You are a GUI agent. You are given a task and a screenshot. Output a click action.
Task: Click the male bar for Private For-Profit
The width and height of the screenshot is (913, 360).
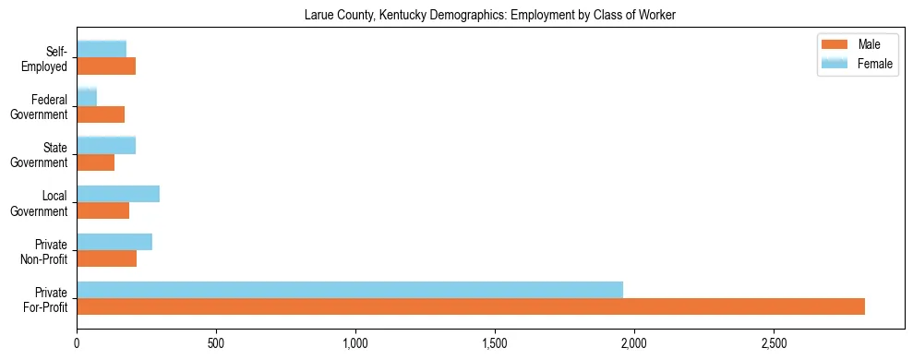(x=471, y=306)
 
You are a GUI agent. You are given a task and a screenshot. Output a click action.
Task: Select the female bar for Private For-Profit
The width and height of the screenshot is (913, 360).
(x=350, y=290)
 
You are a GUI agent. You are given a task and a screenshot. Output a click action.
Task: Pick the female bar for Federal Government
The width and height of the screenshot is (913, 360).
(x=87, y=97)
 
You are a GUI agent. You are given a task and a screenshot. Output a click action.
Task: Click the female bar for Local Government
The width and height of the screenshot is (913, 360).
(x=118, y=194)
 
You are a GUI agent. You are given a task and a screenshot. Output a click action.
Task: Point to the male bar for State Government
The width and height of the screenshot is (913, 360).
(x=96, y=162)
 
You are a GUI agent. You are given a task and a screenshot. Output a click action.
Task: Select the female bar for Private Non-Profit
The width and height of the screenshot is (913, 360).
(x=114, y=242)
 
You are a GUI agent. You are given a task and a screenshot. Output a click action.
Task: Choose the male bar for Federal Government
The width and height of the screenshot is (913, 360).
(x=101, y=114)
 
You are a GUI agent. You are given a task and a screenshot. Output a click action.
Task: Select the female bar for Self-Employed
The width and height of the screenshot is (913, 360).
(x=102, y=49)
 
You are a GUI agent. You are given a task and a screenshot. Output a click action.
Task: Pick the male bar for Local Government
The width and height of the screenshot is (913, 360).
(x=103, y=210)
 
